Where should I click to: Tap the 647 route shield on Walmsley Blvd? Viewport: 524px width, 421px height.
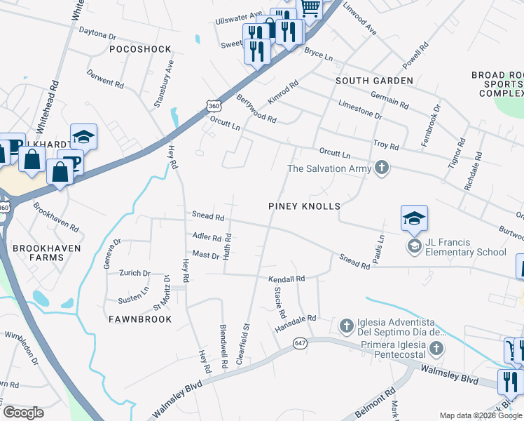pyautogui.click(x=301, y=342)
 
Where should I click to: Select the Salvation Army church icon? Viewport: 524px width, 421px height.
pyautogui.click(x=381, y=168)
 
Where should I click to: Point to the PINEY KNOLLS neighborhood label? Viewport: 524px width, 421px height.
pyautogui.click(x=305, y=206)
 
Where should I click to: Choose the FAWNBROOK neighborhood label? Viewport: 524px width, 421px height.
pyautogui.click(x=140, y=319)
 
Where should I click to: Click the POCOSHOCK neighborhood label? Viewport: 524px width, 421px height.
pyautogui.click(x=140, y=49)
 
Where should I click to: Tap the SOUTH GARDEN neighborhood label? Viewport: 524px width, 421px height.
pyautogui.click(x=374, y=81)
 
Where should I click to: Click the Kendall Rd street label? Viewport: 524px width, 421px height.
pyautogui.click(x=287, y=279)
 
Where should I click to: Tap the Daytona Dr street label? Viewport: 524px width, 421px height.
pyautogui.click(x=97, y=34)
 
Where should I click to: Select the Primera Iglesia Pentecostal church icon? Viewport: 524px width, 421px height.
pyautogui.click(x=436, y=349)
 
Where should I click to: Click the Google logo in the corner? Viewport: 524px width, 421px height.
pyautogui.click(x=23, y=413)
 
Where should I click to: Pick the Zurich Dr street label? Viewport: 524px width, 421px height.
pyautogui.click(x=135, y=273)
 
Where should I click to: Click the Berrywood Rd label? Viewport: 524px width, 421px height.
pyautogui.click(x=256, y=109)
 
